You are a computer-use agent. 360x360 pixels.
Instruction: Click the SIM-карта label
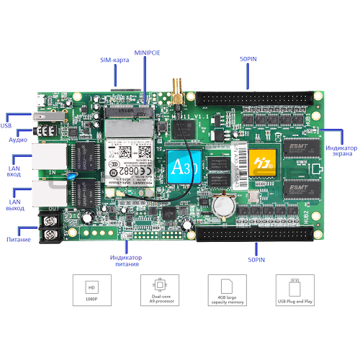point(114,60)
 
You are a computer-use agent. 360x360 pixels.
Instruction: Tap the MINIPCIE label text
point(148,53)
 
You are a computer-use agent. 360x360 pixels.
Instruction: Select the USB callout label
point(6,126)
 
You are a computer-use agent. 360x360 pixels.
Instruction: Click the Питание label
point(16,238)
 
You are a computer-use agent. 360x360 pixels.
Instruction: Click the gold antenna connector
point(175,94)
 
